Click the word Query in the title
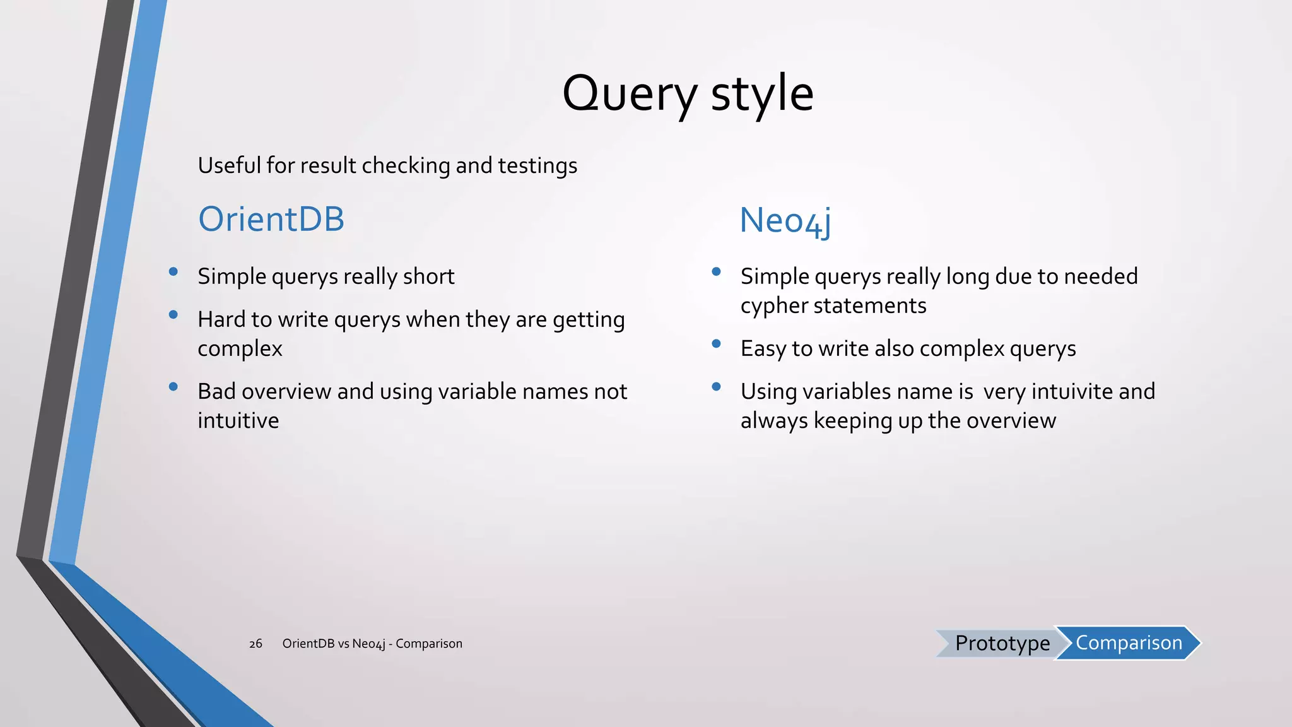pos(629,94)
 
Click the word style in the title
pos(762,94)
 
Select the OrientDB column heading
pos(271,219)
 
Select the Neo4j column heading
pos(785,221)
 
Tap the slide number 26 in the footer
pos(255,644)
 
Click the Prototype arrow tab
pos(1002,643)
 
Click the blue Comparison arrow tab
pos(1129,642)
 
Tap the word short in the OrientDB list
pos(428,276)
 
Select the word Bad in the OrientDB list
pos(216,391)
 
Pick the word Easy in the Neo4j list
pos(763,349)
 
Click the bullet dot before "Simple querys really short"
pos(173,272)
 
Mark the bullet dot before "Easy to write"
pos(716,344)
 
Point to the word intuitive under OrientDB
pos(238,420)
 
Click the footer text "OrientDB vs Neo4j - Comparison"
pos(372,644)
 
